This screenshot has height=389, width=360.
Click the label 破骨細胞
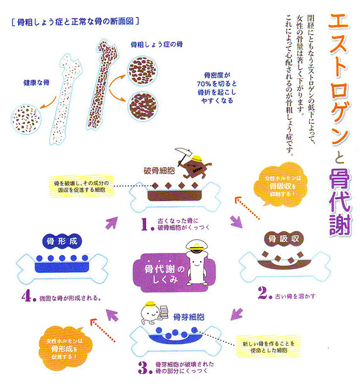coord(159,171)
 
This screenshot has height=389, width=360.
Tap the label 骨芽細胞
coord(188,317)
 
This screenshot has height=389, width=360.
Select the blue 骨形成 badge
coord(62,241)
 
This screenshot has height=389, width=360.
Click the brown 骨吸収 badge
coord(284,239)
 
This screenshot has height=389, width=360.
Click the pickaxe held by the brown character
coord(183,155)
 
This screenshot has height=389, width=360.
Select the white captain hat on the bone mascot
coord(196,246)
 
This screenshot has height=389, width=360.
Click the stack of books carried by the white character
coord(164,312)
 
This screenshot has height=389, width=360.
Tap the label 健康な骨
coord(36,82)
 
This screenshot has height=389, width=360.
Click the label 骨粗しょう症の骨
coord(157,44)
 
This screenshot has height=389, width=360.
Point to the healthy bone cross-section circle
coord(26,119)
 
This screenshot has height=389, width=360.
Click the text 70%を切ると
coord(217,84)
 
